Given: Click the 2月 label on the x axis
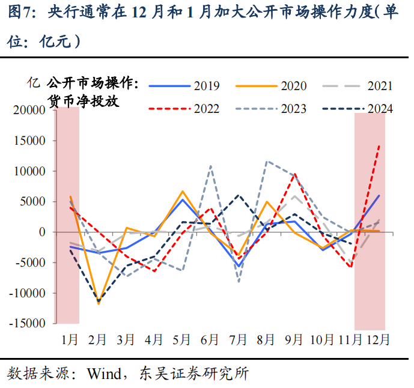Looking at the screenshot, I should coord(97,339).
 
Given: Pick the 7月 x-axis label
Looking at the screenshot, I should coord(238,339).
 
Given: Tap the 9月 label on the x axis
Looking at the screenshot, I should coord(294,339).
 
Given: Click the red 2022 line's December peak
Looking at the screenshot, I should coord(379,145).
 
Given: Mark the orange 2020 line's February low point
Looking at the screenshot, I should coord(98,304).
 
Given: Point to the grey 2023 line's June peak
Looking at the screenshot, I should coord(210,166).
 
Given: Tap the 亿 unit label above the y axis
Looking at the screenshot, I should coord(34,83).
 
